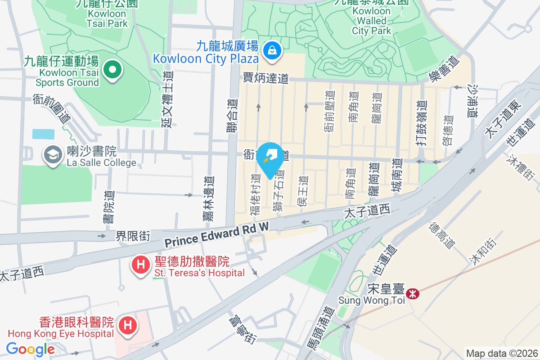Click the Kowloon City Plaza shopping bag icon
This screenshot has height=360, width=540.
click(x=272, y=51)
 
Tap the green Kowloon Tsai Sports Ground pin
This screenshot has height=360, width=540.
click(x=112, y=70)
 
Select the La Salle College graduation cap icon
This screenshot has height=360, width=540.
click(x=53, y=155)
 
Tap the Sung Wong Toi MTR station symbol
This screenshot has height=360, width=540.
click(x=412, y=293)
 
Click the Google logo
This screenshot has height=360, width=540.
click(x=30, y=349)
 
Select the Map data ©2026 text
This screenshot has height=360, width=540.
click(x=501, y=353)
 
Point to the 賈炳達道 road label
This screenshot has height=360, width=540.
click(x=265, y=78)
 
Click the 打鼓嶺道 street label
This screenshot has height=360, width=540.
click(x=421, y=122)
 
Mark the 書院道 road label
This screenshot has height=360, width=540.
click(x=108, y=207)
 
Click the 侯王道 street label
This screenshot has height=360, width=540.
click(x=303, y=191)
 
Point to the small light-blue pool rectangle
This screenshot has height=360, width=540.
click(x=43, y=134)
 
